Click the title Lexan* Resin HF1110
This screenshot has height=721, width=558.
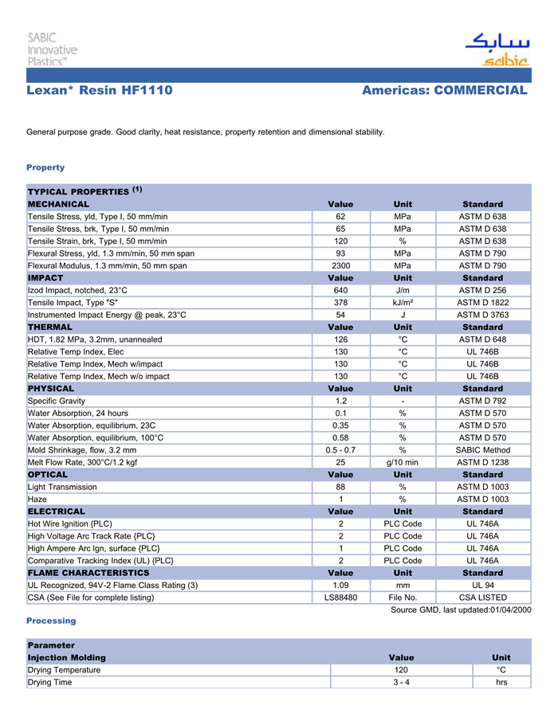point(100,91)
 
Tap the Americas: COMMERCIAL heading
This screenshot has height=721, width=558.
point(444,91)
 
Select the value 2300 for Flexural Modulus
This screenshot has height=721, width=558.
point(340,265)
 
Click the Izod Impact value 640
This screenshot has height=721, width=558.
point(340,290)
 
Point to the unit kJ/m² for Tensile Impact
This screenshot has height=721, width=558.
point(403,303)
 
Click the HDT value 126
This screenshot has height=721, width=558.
point(340,339)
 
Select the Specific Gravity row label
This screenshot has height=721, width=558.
point(57,401)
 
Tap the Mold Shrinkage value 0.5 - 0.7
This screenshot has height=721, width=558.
point(340,450)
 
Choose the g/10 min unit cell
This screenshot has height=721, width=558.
point(403,462)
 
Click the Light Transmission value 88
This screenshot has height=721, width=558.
point(340,487)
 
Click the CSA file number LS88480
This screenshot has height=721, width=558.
point(340,598)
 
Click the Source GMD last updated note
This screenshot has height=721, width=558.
point(461,609)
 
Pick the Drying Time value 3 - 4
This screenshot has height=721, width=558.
point(401,683)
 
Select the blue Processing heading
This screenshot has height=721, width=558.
point(51,621)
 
